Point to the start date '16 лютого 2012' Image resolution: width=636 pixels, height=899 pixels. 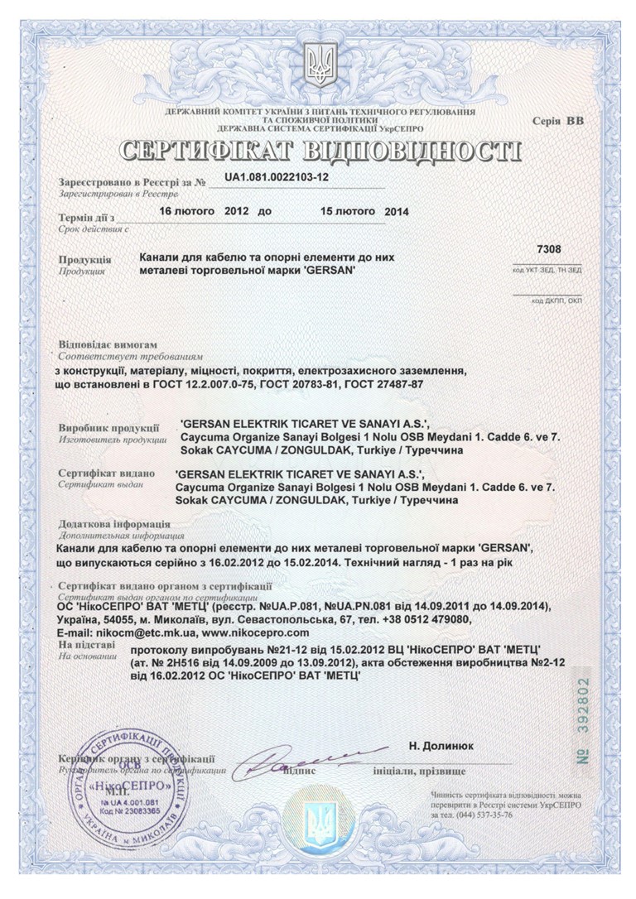click(x=201, y=211)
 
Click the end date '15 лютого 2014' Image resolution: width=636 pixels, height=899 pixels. click(x=364, y=211)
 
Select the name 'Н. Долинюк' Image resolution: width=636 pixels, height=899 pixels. click(x=441, y=745)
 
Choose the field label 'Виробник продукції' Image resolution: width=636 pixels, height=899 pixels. click(x=108, y=428)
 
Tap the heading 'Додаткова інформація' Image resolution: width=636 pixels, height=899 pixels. click(x=114, y=524)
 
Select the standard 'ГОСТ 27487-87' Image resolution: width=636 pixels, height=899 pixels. click(x=393, y=384)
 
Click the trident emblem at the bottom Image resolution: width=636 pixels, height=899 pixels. click(x=317, y=820)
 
